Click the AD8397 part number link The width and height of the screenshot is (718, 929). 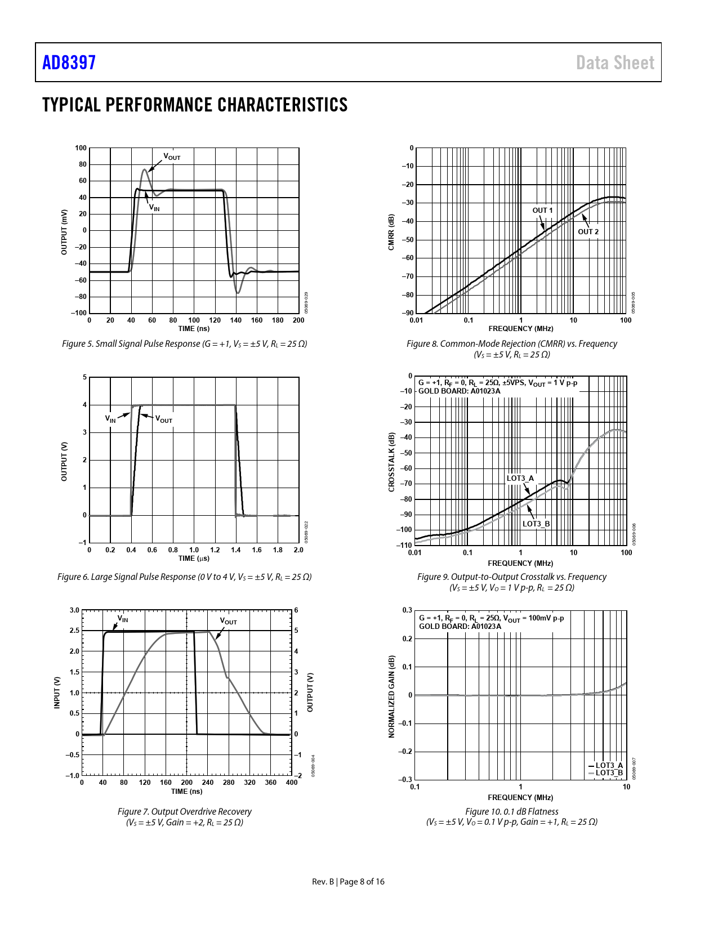(x=69, y=62)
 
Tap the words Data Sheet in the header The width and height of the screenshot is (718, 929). (x=615, y=62)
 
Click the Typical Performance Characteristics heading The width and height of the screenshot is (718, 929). (x=195, y=105)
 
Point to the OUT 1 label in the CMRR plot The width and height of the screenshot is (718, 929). (x=542, y=211)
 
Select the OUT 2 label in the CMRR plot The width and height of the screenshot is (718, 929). (x=588, y=231)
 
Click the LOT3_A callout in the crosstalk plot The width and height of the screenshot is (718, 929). (x=520, y=479)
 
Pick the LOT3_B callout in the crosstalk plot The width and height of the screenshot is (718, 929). (x=536, y=524)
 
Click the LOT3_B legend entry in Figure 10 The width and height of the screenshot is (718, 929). (x=609, y=772)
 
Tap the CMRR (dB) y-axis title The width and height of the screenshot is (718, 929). (x=391, y=231)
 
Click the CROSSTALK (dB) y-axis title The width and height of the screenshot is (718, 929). (x=391, y=462)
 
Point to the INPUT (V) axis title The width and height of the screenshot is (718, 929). (x=57, y=693)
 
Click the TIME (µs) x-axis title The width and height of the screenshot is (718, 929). (x=194, y=559)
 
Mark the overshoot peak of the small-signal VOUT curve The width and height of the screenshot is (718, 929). (x=145, y=169)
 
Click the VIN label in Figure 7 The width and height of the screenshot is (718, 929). (x=123, y=619)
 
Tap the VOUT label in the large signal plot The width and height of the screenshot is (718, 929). (x=164, y=420)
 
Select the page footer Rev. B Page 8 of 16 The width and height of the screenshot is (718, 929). (x=348, y=882)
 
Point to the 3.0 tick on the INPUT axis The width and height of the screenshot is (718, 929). (x=74, y=610)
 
